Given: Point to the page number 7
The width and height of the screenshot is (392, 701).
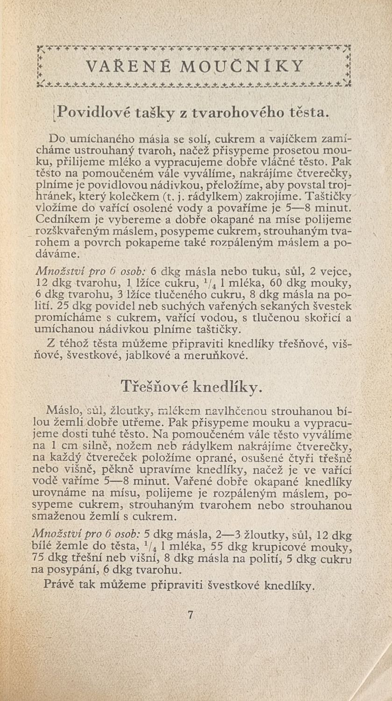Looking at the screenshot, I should coord(190,615).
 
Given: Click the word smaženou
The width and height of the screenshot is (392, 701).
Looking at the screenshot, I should coord(55,516).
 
